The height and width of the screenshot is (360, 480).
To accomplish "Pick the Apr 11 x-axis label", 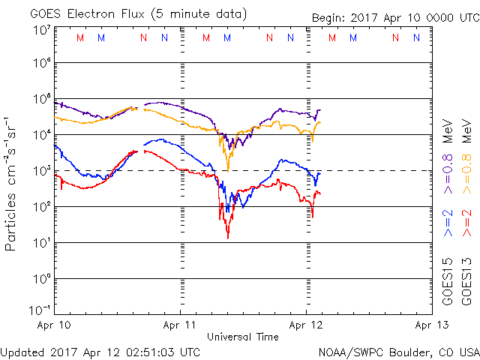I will pyautogui.click(x=181, y=325).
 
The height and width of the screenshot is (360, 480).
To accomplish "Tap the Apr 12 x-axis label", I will pyautogui.click(x=306, y=325).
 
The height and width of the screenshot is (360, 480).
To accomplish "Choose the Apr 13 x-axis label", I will pyautogui.click(x=431, y=325).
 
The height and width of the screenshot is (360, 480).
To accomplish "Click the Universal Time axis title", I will pyautogui.click(x=242, y=337).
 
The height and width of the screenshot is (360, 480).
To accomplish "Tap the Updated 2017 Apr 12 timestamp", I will pyautogui.click(x=100, y=351).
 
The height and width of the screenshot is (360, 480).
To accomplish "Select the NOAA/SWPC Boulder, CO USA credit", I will pyautogui.click(x=398, y=351).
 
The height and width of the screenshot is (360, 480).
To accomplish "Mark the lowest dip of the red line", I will pyautogui.click(x=227, y=238).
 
